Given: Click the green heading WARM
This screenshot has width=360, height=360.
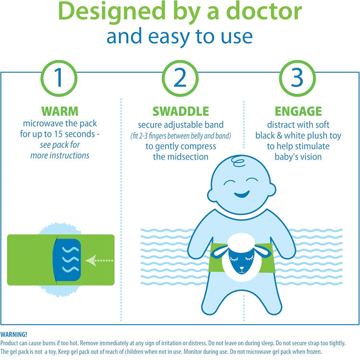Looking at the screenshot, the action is (x=60, y=111).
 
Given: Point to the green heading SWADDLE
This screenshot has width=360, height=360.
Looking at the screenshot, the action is (x=180, y=111).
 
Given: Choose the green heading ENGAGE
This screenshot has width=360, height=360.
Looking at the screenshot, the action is (x=298, y=111).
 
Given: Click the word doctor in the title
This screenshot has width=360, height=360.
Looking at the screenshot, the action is (x=264, y=12).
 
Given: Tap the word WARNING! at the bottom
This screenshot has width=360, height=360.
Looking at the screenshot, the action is (x=14, y=334).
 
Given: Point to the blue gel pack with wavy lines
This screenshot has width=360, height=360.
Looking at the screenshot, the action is (x=67, y=260).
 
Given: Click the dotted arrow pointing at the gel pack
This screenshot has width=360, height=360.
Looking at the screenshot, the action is (x=99, y=260).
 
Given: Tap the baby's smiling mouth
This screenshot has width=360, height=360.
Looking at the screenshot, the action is (x=242, y=194).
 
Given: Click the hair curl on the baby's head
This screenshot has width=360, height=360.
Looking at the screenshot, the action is (x=238, y=161).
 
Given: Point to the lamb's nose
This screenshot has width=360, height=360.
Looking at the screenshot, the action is (x=242, y=268).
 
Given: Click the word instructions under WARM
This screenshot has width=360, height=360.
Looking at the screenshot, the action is (x=70, y=156).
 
